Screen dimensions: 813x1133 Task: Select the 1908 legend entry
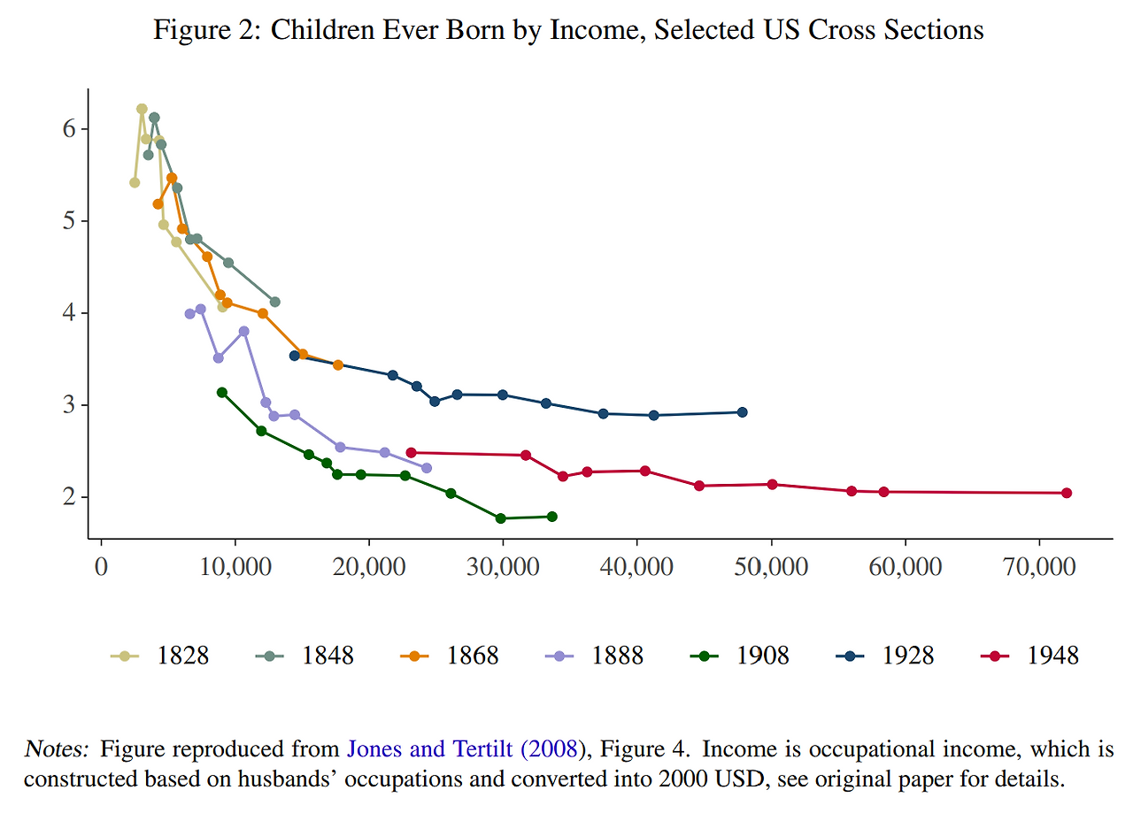(739, 656)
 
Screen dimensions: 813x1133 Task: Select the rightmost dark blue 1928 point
(742, 412)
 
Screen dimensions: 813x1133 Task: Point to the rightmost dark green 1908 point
(552, 517)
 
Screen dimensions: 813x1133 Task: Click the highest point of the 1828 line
(142, 109)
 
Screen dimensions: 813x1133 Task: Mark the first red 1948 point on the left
(411, 452)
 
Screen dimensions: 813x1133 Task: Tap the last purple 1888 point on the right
(427, 468)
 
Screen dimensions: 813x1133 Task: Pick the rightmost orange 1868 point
(337, 365)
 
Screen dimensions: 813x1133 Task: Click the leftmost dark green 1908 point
(222, 392)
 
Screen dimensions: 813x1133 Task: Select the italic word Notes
(57, 749)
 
